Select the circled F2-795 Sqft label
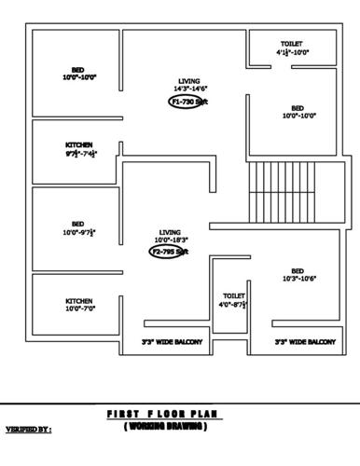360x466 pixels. click(x=170, y=252)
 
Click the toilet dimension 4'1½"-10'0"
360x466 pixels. click(x=291, y=53)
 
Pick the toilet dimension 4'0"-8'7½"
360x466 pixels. click(x=232, y=304)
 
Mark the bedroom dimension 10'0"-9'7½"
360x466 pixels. click(x=78, y=232)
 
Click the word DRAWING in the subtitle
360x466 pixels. click(x=182, y=426)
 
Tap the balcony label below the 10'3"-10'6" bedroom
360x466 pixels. click(x=305, y=343)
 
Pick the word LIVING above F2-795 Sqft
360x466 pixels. click(x=170, y=231)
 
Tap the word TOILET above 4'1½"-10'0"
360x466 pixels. click(x=291, y=44)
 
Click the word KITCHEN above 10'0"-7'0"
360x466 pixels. click(x=78, y=300)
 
